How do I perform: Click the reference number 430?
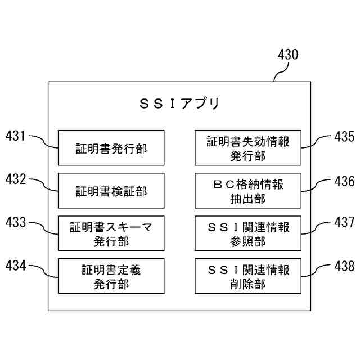[288, 56]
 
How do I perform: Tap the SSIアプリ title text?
[179, 104]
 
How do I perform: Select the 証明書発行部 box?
[111, 148]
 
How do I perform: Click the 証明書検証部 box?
[111, 191]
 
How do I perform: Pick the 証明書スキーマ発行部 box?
[111, 233]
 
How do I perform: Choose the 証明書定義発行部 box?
[111, 276]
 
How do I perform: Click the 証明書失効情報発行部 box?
[248, 148]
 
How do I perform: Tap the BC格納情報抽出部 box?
[248, 191]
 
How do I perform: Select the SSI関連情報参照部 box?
[248, 233]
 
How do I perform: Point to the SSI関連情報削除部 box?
[248, 276]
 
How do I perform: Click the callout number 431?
[15, 136]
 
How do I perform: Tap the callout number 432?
[15, 180]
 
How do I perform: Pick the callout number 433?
[15, 222]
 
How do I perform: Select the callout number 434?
[15, 264]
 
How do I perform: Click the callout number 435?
[344, 137]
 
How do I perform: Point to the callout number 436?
[344, 181]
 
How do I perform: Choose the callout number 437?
[344, 223]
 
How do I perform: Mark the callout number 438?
[344, 265]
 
